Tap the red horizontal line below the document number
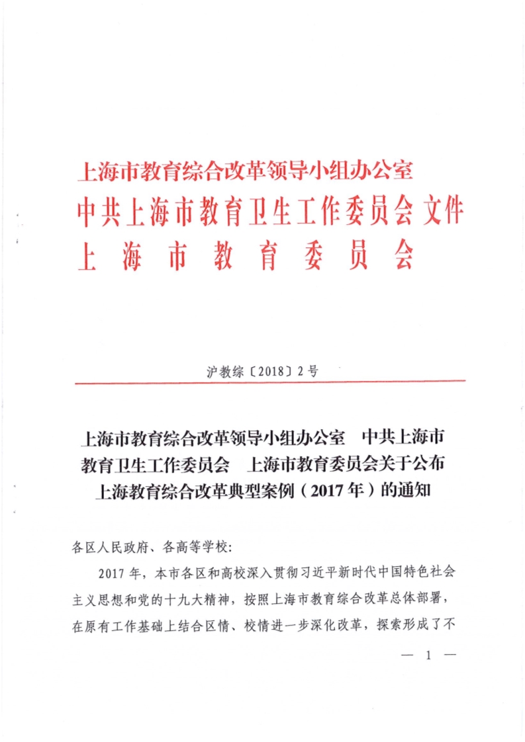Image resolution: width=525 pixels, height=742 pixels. coord(270,382)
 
